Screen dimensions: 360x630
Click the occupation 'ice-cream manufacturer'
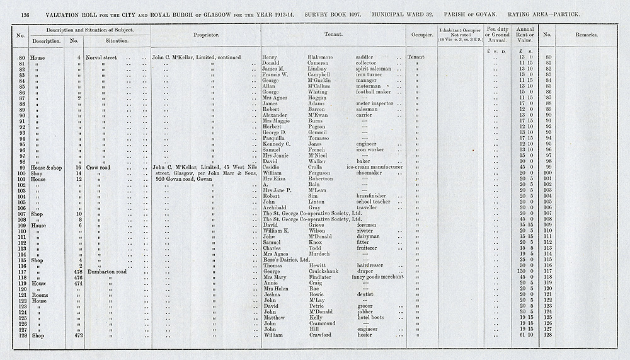(x=377, y=167)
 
